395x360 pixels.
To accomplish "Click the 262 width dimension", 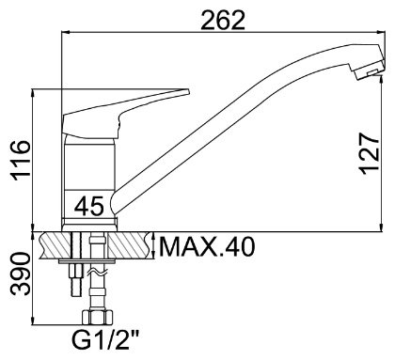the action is tap(223, 20).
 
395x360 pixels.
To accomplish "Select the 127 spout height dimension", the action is tap(370, 154).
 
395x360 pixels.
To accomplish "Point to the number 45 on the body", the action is tap(89, 206).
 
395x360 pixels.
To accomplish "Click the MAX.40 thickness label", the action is tap(207, 246).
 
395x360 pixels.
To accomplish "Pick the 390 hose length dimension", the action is tap(21, 274).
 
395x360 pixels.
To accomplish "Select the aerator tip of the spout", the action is tap(370, 70).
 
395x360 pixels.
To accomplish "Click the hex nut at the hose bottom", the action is tap(97, 317).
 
